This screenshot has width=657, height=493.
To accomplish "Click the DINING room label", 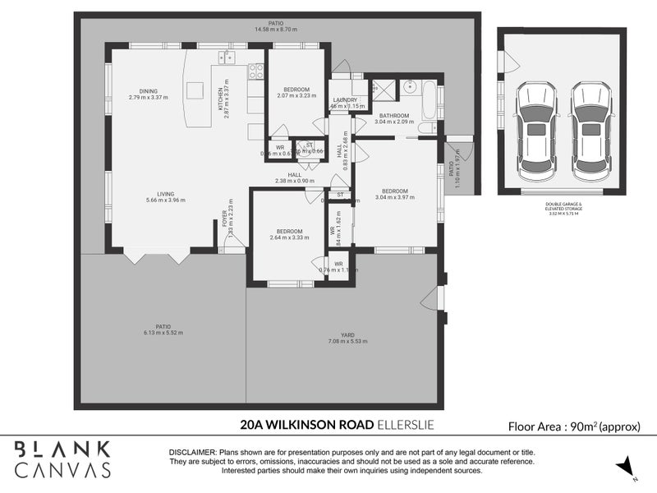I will [148, 91].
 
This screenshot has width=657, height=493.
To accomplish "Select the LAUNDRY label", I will [346, 99].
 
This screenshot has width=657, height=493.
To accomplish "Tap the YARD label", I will [347, 334].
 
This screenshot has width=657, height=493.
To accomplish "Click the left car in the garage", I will [536, 131].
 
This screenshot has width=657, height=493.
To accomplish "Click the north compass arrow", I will [628, 468].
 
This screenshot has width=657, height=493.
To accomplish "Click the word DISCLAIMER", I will [192, 453].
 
